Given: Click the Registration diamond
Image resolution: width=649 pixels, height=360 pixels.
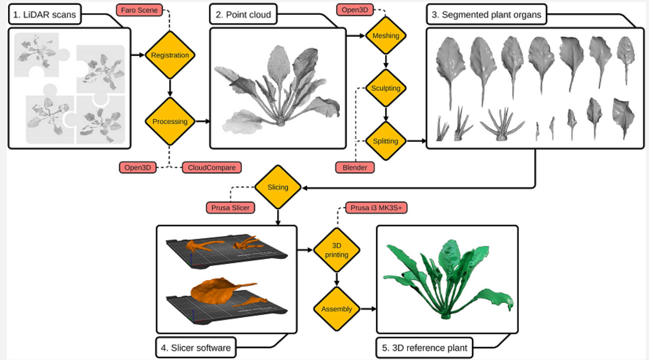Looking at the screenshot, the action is pos(170,55).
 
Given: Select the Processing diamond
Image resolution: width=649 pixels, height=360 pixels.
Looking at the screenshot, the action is pos(170,121).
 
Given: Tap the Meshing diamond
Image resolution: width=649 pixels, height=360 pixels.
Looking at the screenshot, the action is pos(386,36).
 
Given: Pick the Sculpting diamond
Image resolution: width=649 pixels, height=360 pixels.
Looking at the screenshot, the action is pos(386,88).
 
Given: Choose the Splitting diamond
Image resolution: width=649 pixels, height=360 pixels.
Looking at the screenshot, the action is pos(386,141).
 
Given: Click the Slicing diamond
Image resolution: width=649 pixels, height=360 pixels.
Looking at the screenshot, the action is pos(278,187).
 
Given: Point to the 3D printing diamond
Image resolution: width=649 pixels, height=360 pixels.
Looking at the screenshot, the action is pos(336,250).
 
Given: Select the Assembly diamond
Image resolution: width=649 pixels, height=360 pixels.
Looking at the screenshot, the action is pos(336,309).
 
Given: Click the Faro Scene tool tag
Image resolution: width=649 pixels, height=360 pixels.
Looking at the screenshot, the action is pos(140,10).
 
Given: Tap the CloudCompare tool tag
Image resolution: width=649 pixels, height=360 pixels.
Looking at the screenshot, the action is pos(212,167).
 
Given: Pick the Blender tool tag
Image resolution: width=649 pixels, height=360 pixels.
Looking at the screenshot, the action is pos(355,167).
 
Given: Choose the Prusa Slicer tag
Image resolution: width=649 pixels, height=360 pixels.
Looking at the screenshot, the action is pos(230,208).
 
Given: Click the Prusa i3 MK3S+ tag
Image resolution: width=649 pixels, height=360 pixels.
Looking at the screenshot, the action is pos(376,208).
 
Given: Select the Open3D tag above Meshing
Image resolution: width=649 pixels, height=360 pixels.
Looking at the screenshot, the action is pos(355,10).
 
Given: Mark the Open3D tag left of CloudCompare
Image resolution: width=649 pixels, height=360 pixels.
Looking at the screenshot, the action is pos(138,167).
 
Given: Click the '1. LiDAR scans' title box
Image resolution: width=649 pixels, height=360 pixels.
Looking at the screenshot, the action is pos(45,14).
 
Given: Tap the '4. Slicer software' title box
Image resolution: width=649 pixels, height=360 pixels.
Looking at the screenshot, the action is pos(196,347).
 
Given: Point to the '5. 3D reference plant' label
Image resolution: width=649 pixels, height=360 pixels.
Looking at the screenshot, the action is pos(425,348).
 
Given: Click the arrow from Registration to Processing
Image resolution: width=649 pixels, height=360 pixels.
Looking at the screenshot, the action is pos(170,88).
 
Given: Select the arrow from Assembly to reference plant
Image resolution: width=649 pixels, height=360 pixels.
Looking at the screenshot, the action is pos(368,309).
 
